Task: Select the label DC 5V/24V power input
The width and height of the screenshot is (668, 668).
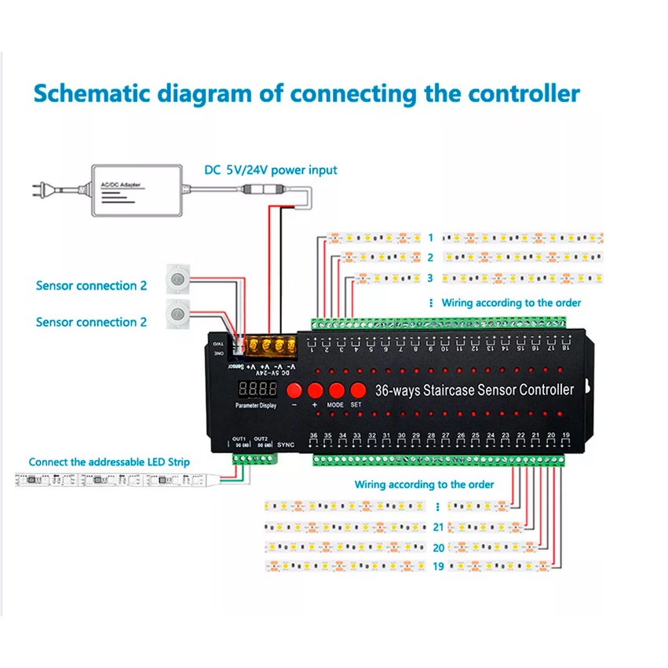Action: point(271,170)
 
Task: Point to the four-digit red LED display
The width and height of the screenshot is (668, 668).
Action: point(257,389)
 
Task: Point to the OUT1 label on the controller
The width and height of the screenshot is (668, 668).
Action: point(239,439)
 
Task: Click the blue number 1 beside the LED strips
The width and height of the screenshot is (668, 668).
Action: point(430,237)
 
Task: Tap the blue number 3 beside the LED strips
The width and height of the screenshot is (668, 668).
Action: point(430,278)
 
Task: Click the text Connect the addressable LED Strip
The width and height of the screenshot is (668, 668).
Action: point(109,462)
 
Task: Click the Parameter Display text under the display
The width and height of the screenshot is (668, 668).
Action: point(257,406)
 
